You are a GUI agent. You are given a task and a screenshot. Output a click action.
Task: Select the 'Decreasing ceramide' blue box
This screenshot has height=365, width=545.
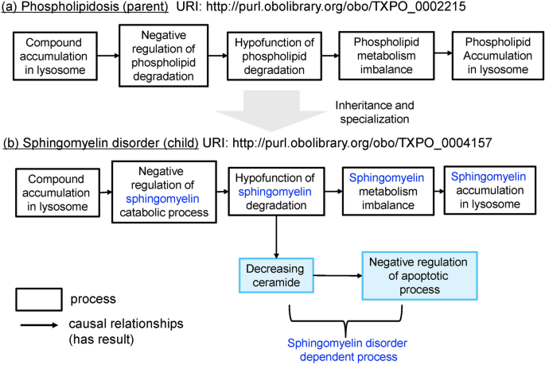tap(273, 274)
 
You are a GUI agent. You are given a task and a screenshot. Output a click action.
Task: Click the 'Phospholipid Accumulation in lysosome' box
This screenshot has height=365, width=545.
tap(491, 56)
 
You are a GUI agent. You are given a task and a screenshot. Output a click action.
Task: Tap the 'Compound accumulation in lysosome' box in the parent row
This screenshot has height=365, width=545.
tap(53, 56)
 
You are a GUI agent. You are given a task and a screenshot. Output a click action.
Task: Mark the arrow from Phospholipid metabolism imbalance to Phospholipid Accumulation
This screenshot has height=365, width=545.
tap(440, 56)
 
